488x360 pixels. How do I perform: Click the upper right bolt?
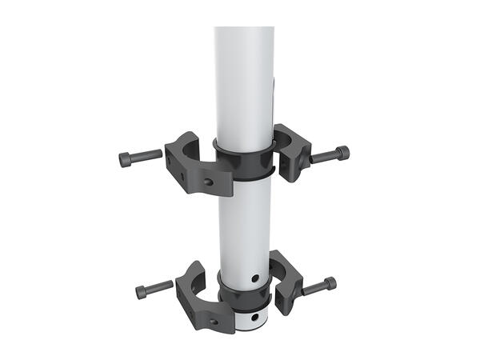click(330, 154)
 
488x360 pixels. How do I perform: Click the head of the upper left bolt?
click(127, 159)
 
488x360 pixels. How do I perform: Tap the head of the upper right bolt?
click(342, 152)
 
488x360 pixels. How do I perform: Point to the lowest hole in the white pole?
click(254, 318)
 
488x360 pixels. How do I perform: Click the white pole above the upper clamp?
click(244, 80)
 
